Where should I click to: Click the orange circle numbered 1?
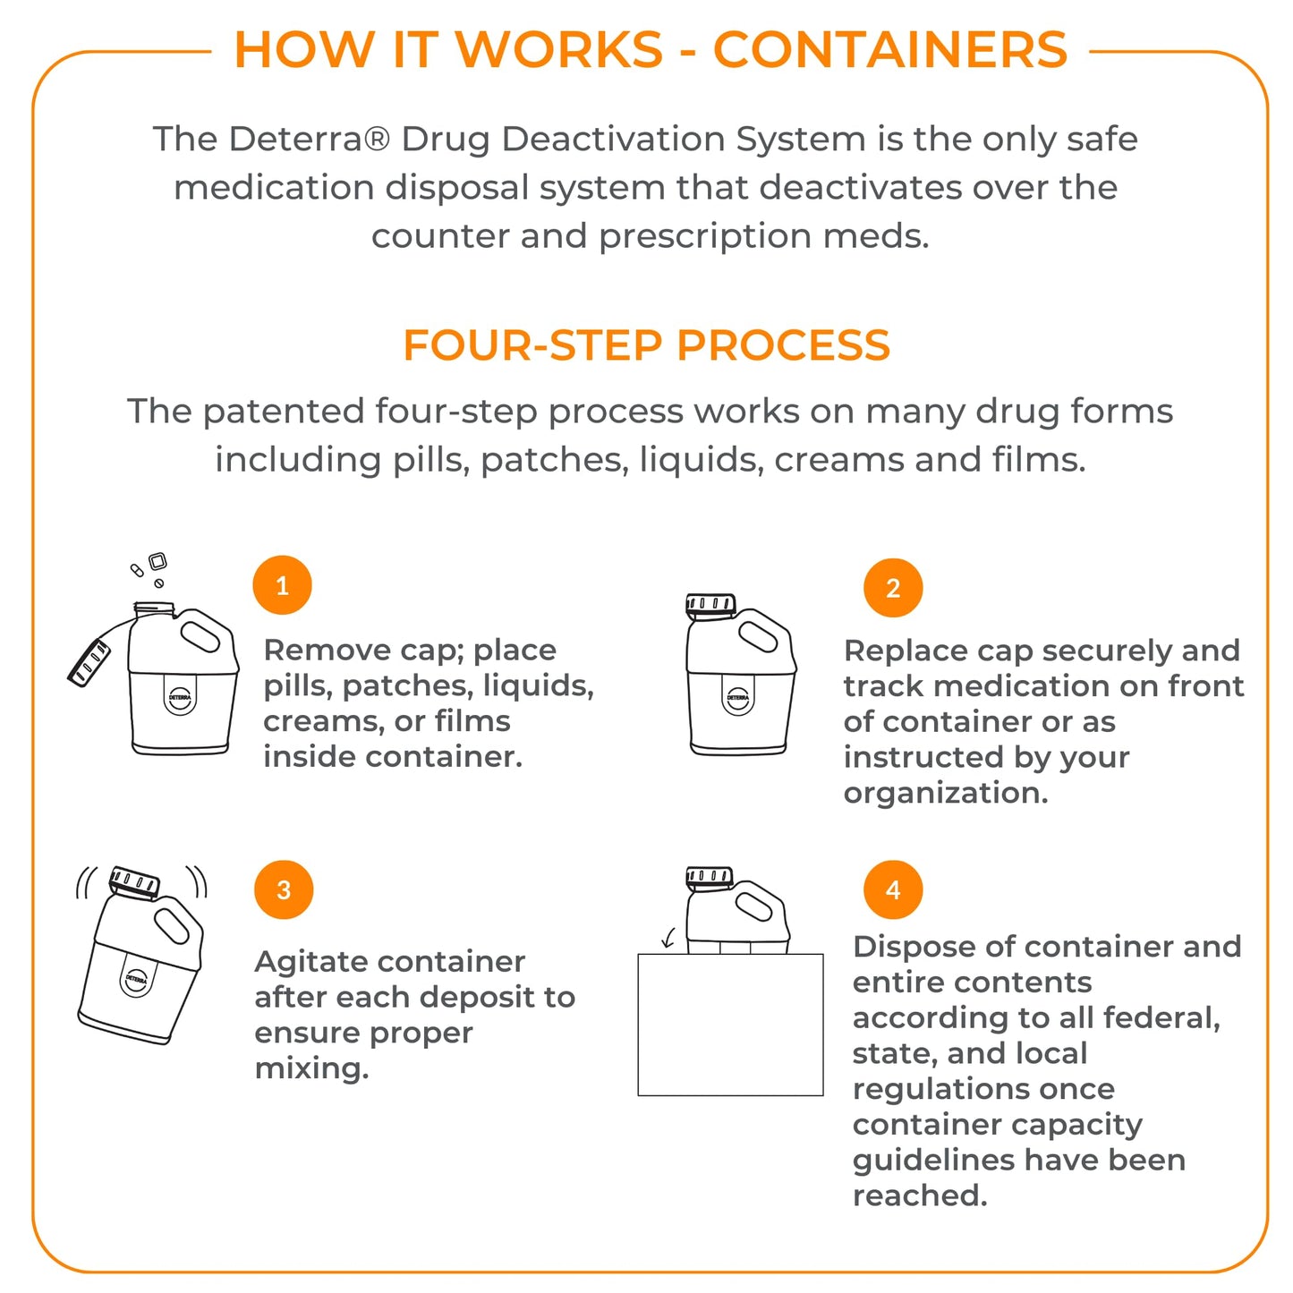click(282, 585)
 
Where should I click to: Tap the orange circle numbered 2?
click(892, 588)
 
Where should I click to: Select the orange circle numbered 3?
click(284, 889)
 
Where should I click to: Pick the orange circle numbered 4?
click(892, 889)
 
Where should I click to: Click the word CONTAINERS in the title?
click(889, 49)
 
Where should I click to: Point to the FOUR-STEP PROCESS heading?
click(646, 345)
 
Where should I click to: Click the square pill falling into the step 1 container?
click(157, 561)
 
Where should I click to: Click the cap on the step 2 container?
click(710, 605)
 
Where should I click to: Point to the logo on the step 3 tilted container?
click(135, 980)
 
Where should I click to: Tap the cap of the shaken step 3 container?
click(134, 881)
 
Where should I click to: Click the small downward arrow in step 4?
click(668, 938)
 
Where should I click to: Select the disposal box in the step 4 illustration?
click(730, 1025)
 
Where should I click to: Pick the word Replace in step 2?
click(895, 651)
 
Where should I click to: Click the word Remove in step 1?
click(314, 650)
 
